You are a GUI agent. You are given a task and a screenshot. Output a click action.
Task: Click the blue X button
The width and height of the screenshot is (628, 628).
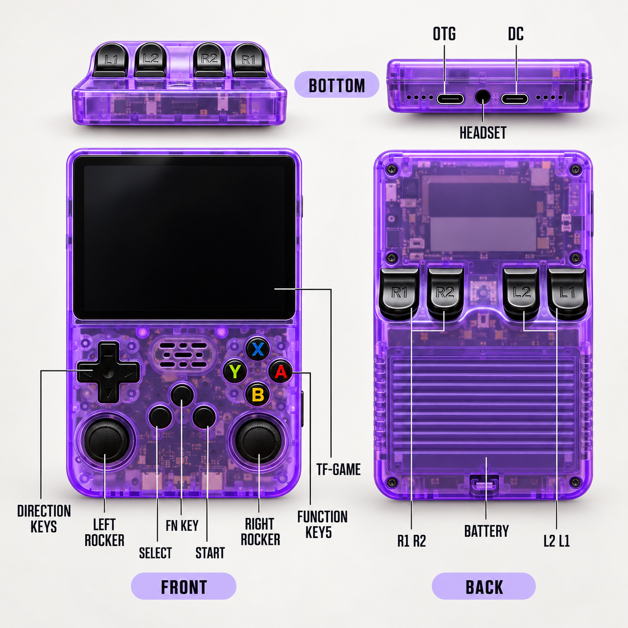(258, 350)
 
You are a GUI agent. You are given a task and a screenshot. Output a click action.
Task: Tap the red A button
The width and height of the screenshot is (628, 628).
(281, 372)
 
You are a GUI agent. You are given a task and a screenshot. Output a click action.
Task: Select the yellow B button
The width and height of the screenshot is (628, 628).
(257, 395)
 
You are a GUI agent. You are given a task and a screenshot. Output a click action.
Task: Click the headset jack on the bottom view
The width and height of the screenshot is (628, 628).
(483, 98)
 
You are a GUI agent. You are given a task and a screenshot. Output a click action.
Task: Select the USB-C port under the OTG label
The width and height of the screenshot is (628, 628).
(450, 98)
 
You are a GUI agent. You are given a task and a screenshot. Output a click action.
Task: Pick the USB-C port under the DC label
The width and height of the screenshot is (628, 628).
(514, 98)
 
